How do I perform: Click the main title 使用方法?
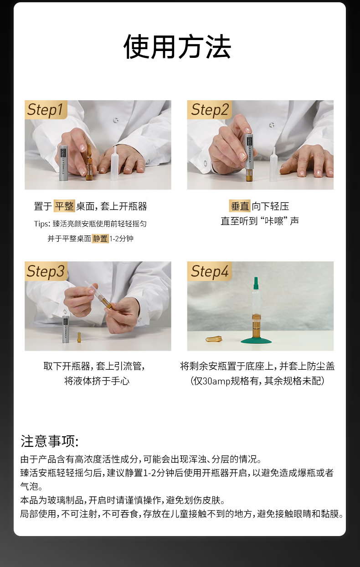(177, 47)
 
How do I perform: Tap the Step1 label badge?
(45, 110)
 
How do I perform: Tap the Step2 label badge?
(209, 110)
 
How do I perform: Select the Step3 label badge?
(45, 271)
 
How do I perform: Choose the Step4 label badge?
(209, 271)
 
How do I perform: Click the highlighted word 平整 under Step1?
(64, 206)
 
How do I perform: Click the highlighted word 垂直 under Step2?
(240, 206)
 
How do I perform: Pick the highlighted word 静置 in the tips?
(100, 238)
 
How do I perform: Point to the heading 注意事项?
(50, 441)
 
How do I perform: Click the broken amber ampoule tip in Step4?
(216, 339)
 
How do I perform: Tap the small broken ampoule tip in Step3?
(79, 337)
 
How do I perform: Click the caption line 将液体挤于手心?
(97, 381)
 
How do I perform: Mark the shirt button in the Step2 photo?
(272, 125)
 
